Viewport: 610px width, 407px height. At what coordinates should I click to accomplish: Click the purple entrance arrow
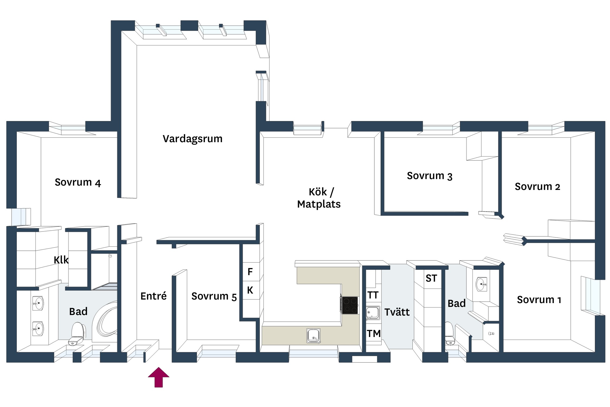tap(159, 377)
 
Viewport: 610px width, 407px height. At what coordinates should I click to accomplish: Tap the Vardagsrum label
tap(192, 139)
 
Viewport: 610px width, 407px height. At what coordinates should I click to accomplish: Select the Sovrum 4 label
tap(78, 182)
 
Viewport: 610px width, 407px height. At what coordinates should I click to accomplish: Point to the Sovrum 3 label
tap(430, 176)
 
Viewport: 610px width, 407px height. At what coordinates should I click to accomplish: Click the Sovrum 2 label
tap(537, 187)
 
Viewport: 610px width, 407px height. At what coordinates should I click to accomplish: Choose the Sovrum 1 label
tap(539, 300)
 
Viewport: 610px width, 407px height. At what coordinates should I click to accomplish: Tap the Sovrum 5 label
tap(214, 296)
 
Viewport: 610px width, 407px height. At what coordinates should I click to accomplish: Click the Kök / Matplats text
tap(319, 198)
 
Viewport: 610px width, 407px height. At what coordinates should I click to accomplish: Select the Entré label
tap(153, 296)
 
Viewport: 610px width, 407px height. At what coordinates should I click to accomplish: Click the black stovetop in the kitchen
tap(350, 305)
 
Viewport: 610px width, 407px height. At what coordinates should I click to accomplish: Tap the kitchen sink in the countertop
tap(314, 336)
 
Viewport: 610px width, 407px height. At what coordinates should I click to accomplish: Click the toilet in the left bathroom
tap(77, 334)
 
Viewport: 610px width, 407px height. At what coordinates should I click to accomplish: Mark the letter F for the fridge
tap(250, 272)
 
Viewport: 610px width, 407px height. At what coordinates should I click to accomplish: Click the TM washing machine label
tap(374, 333)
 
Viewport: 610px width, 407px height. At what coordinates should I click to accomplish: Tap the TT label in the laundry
tap(373, 295)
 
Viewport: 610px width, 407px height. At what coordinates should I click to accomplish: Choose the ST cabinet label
tap(431, 278)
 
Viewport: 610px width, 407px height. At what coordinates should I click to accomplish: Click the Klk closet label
tap(61, 260)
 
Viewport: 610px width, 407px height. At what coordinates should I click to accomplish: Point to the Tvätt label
tap(397, 312)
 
